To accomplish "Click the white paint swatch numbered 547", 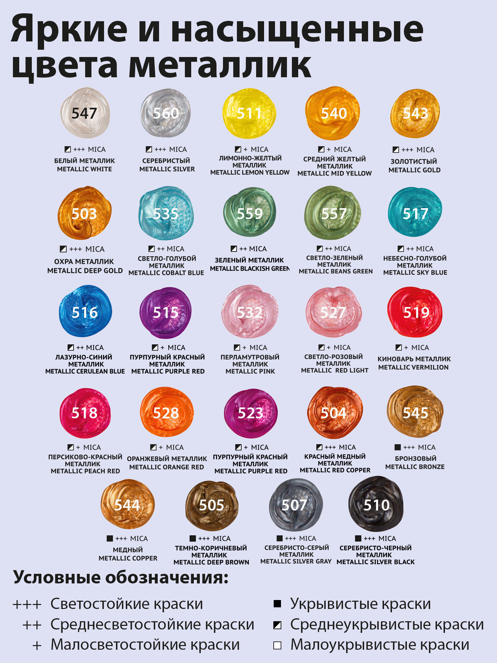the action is [x=85, y=113].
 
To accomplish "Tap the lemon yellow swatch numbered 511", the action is [x=249, y=113].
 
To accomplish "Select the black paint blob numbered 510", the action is [x=376, y=504].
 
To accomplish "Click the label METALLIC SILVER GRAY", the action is [x=296, y=561].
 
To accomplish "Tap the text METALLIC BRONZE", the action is [x=415, y=467].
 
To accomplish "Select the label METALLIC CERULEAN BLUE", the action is [x=85, y=371].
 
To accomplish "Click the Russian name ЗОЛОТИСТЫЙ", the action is [x=414, y=161].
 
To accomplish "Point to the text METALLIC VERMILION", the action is [x=414, y=367].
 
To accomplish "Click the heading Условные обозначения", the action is [x=121, y=577].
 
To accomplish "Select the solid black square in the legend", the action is [x=277, y=604].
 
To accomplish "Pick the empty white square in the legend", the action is [x=277, y=645].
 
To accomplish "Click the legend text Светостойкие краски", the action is [x=127, y=604].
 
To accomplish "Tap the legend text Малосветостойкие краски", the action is [x=145, y=645].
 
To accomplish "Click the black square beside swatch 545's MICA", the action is [x=398, y=447].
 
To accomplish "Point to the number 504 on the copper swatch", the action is [x=333, y=413].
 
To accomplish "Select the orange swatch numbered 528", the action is [x=167, y=412].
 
